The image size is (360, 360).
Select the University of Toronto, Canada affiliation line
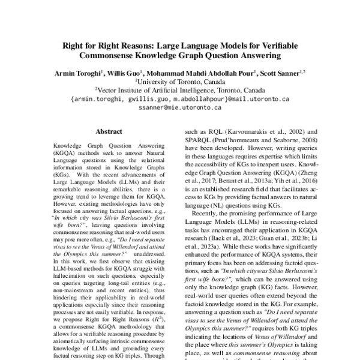pyautogui.click(x=180, y=81)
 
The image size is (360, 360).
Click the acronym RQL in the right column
pyautogui.click(x=212, y=131)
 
